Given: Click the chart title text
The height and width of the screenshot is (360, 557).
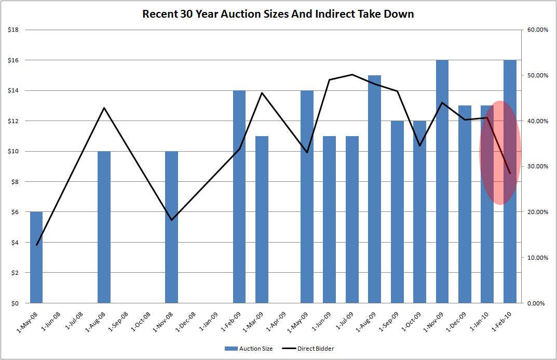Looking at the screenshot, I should click(x=278, y=14).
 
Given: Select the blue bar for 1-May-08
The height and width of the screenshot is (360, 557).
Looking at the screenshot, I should click(x=36, y=257).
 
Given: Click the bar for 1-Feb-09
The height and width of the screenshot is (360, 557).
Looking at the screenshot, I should click(x=239, y=197).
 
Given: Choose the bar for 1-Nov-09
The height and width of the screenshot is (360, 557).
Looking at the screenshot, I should click(x=442, y=182).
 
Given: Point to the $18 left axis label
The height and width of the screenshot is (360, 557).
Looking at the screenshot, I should click(x=13, y=30).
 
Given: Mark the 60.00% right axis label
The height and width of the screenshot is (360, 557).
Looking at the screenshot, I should click(x=537, y=30).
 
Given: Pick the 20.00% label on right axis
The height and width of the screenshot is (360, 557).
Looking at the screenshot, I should click(x=537, y=212).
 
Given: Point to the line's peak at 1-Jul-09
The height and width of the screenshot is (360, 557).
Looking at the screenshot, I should click(x=352, y=74).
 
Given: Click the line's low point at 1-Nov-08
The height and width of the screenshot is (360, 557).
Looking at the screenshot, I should click(x=171, y=220).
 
